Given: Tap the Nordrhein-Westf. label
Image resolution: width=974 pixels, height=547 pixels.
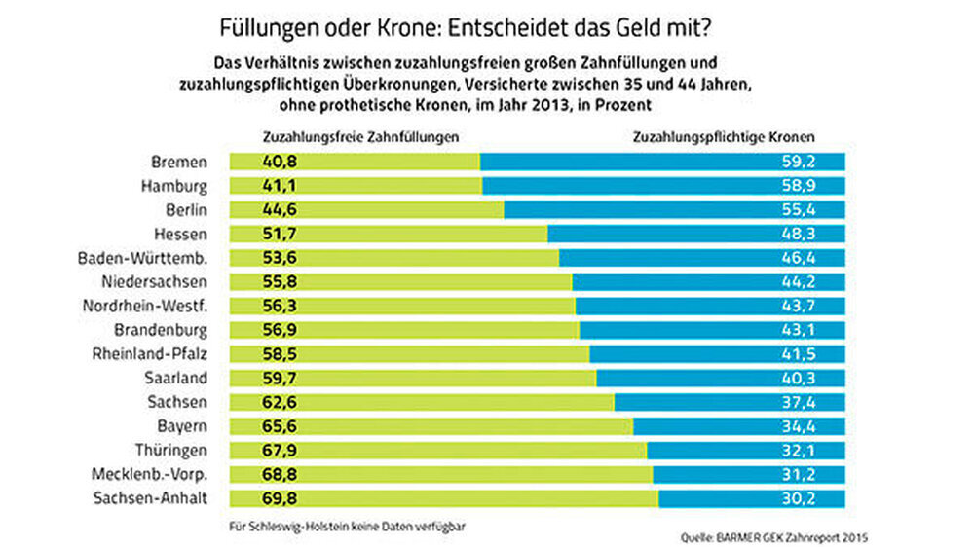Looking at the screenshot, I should tap(145, 306).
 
